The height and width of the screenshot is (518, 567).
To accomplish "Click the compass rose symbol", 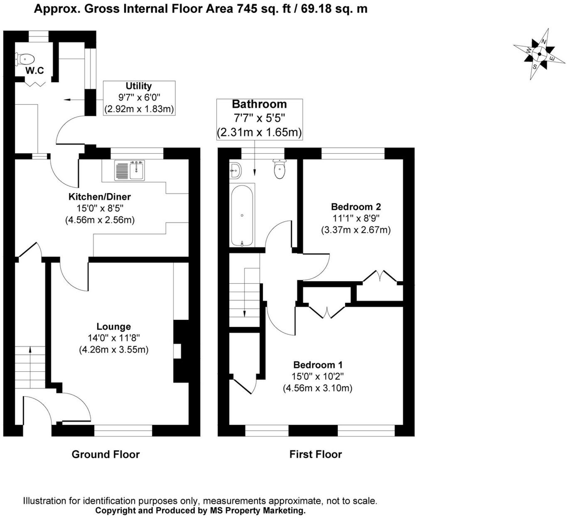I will click(x=539, y=54).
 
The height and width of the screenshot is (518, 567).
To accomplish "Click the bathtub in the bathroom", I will click(x=242, y=216).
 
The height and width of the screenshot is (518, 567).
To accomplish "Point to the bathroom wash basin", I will click(x=235, y=170).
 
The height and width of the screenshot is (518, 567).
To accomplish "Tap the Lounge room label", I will click(x=113, y=327).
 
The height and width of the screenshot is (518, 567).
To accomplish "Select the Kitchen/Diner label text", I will click(x=100, y=197).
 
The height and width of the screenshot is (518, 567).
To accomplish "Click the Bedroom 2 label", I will click(x=356, y=207).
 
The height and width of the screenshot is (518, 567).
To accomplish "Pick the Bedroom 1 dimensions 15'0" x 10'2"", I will click(x=317, y=377).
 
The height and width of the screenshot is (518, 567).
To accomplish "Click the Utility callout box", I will click(x=139, y=98).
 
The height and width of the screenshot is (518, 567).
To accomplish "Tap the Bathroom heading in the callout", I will click(x=259, y=104).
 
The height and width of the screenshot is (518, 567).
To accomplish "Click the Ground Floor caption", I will click(x=106, y=454).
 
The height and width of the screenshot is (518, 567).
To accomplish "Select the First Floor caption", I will click(x=315, y=454).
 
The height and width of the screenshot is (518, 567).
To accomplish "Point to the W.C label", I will click(x=34, y=71).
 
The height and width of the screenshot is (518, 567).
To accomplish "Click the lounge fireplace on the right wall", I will click(x=180, y=351).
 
